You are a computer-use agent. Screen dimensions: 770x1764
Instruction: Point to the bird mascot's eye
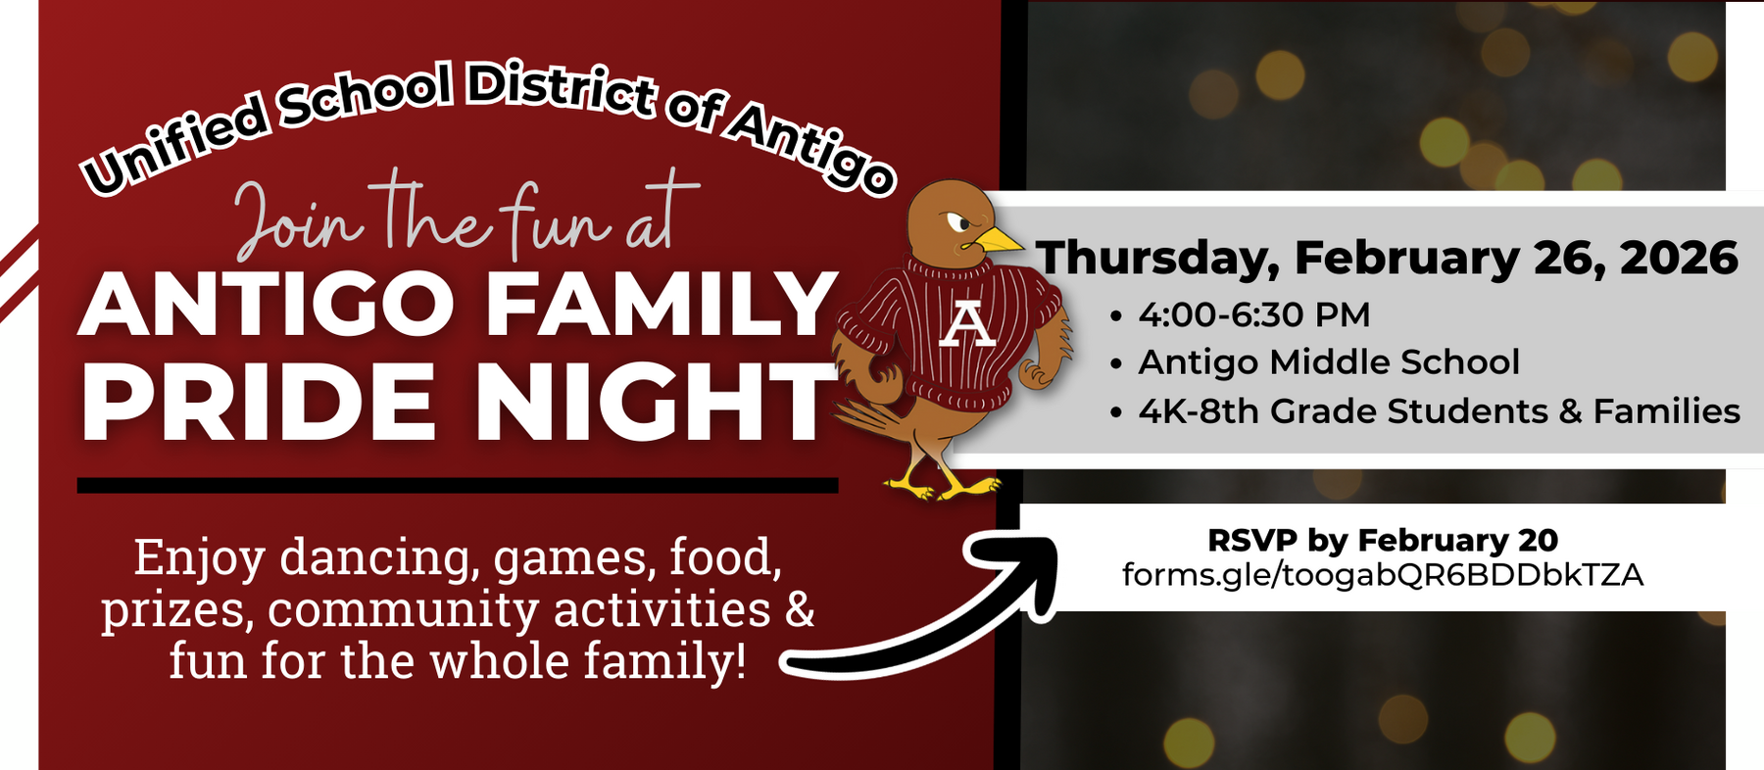tap(956, 224)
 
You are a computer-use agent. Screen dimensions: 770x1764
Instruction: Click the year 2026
tap(1679, 259)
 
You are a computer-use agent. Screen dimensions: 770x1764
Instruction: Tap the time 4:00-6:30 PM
tap(1253, 315)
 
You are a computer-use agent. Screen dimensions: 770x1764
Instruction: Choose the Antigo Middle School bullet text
tap(1328, 362)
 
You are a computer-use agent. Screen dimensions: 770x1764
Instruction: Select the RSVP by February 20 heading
tap(1382, 540)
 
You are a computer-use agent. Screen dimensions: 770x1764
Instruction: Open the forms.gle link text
tap(1382, 574)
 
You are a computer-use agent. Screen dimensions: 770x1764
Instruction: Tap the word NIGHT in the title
tap(652, 403)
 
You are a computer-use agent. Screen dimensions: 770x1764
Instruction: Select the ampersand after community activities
tap(800, 609)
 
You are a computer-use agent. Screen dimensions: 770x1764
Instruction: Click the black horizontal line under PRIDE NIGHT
tap(457, 485)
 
